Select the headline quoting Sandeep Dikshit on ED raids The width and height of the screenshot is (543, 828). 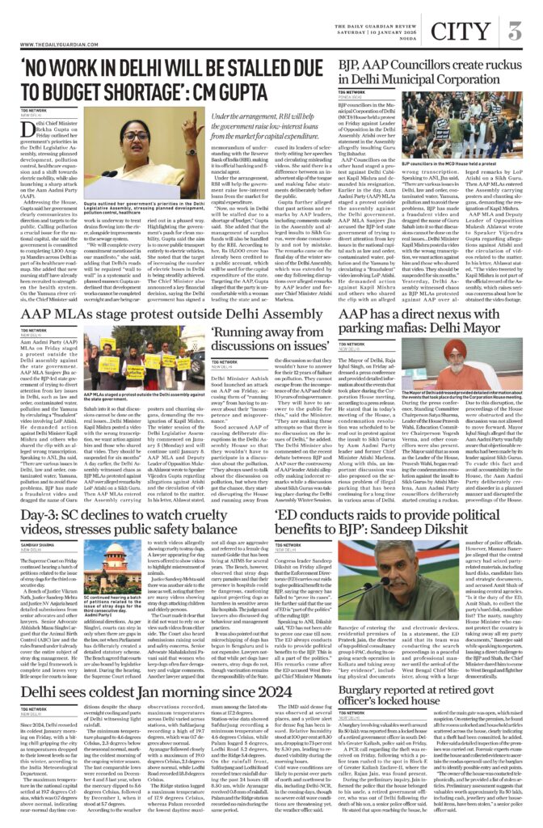tap(396, 526)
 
